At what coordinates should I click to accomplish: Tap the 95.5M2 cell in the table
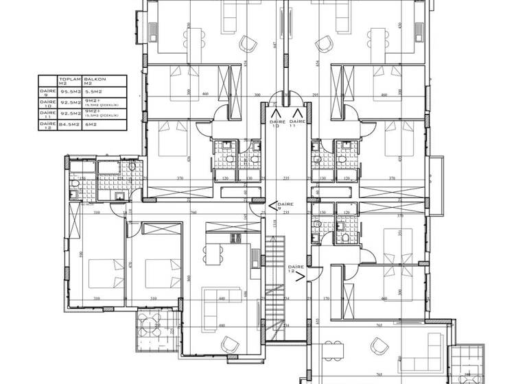tap(69, 91)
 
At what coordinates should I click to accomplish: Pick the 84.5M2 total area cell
tap(69, 125)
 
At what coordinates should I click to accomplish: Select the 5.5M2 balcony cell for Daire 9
tap(93, 91)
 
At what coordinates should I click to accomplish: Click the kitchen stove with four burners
tap(235, 238)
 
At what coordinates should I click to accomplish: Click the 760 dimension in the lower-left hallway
tap(194, 213)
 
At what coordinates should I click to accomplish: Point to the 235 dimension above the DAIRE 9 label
tap(285, 178)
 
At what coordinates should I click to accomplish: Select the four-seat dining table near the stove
tap(214, 254)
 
